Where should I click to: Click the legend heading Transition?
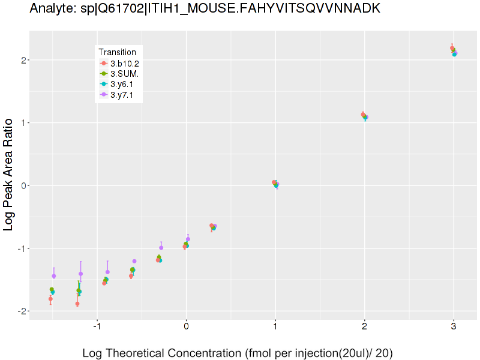tap(117, 52)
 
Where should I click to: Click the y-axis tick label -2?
tap(22, 311)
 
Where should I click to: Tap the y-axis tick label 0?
tap(23, 185)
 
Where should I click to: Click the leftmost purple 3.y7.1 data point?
tap(54, 276)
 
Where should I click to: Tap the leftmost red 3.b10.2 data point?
tap(50, 299)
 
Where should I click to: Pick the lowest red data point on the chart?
tap(77, 304)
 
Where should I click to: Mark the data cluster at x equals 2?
tap(364, 116)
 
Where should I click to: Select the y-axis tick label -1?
tap(22, 248)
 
